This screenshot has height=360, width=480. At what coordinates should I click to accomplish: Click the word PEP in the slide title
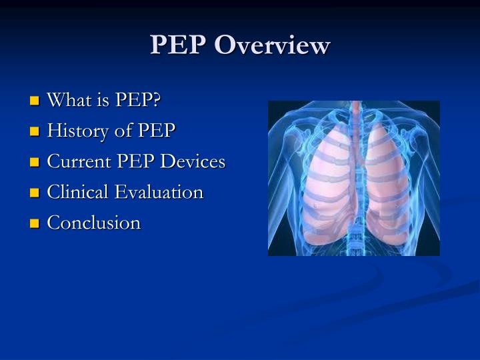[179, 45]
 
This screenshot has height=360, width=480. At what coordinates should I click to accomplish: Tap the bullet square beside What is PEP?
[35, 101]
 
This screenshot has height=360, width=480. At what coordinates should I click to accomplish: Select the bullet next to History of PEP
[35, 132]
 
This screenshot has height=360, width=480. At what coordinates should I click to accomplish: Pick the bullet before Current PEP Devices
[35, 163]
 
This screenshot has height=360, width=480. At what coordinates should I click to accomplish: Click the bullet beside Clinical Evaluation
[35, 193]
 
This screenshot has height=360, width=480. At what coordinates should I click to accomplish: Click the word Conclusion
[93, 223]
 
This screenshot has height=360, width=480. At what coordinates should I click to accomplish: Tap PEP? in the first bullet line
[139, 100]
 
